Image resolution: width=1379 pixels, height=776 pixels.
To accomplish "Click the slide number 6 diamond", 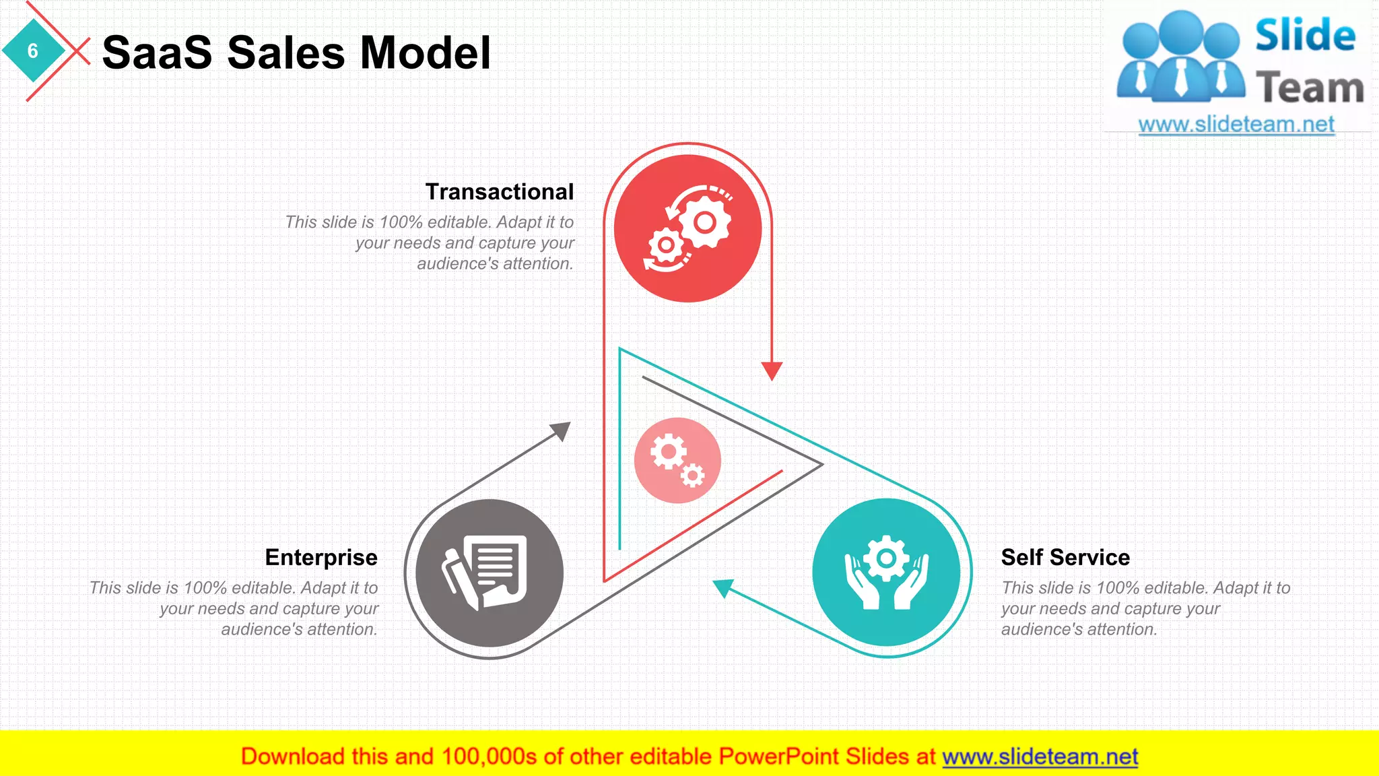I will point(32,51).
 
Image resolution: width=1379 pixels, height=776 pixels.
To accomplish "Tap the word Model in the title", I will point(426,53).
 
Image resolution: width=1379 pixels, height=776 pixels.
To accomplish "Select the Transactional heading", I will point(499,192).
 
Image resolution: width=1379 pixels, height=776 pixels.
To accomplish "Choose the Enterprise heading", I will point(321,558).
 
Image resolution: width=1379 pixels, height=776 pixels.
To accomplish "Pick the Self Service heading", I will point(1065,558).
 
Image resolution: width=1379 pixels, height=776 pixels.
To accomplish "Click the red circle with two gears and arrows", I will point(687,228).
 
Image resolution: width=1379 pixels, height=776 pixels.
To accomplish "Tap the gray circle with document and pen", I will point(490,573).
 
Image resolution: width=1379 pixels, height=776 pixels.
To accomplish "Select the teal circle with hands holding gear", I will point(886,573).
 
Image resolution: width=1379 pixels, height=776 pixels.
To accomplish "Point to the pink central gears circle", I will point(677,461).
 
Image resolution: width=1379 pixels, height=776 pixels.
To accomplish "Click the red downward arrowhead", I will point(772,370).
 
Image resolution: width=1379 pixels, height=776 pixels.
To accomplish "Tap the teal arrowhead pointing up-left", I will point(722,587).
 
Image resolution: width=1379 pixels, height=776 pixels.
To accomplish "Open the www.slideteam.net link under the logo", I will point(1236,125).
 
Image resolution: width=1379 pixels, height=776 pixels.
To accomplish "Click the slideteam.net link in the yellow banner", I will point(1040,757).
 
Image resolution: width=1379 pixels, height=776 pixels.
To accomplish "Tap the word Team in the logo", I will point(1310,88).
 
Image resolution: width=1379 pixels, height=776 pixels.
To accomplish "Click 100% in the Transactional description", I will point(401,222).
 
